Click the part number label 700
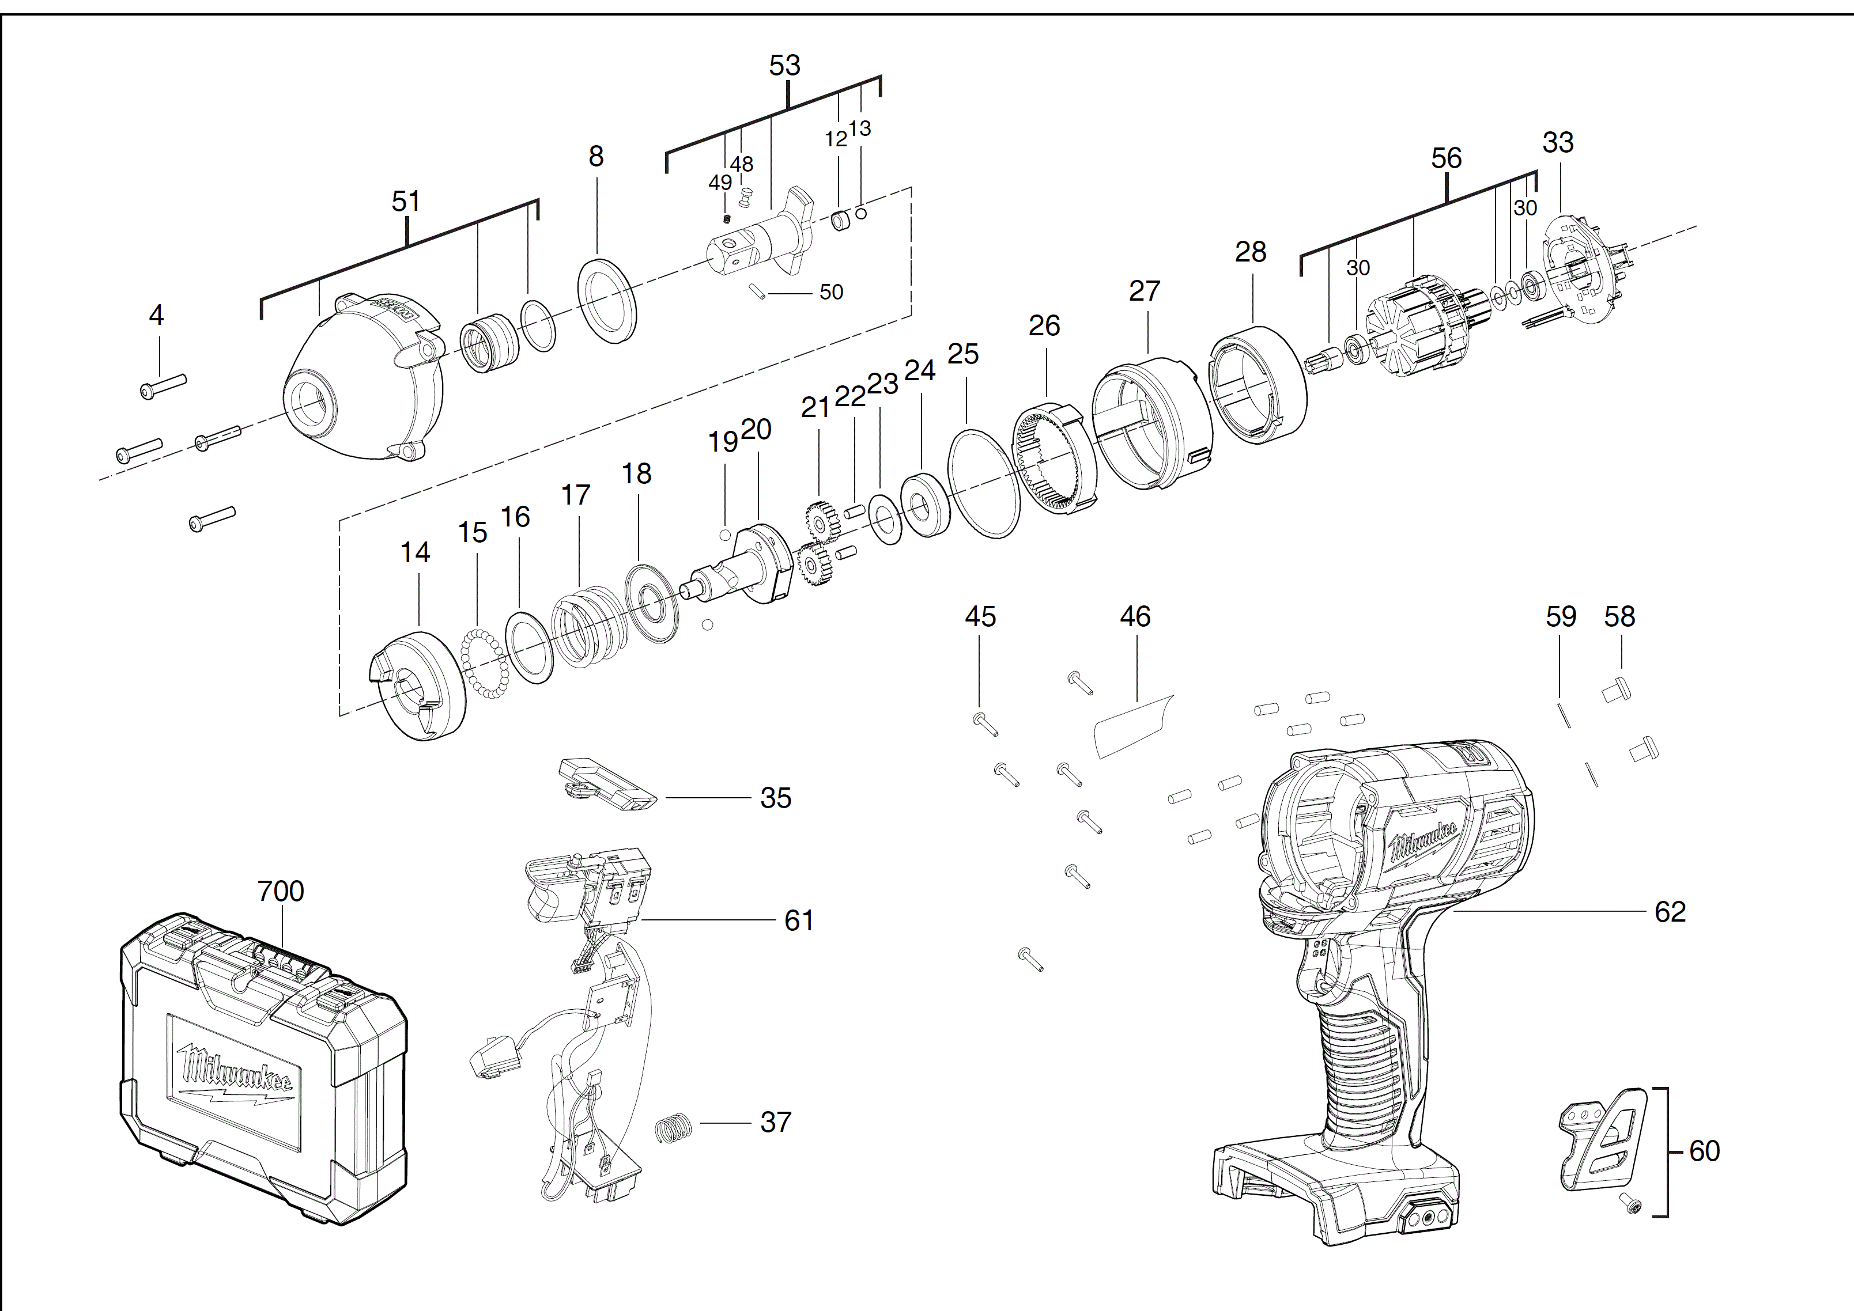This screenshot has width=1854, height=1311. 280,891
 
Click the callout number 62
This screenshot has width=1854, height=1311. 1670,912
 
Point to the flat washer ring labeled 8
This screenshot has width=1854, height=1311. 607,301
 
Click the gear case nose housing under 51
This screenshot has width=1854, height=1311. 364,380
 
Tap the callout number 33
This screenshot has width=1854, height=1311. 1558,143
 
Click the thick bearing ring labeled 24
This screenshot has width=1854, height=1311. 924,505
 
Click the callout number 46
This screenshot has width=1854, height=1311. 1135,617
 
